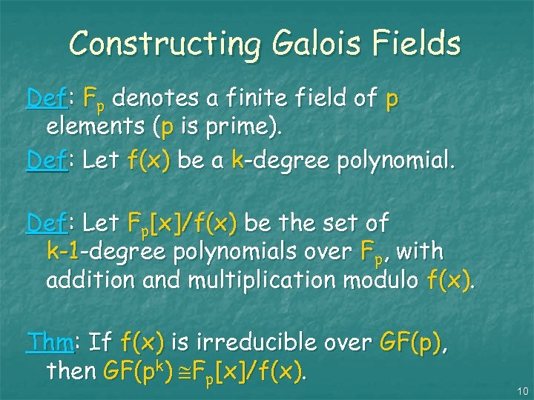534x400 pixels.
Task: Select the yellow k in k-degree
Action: [x=237, y=159]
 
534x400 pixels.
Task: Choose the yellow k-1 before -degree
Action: [x=62, y=252]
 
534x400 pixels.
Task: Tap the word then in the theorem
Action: [x=70, y=370]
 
